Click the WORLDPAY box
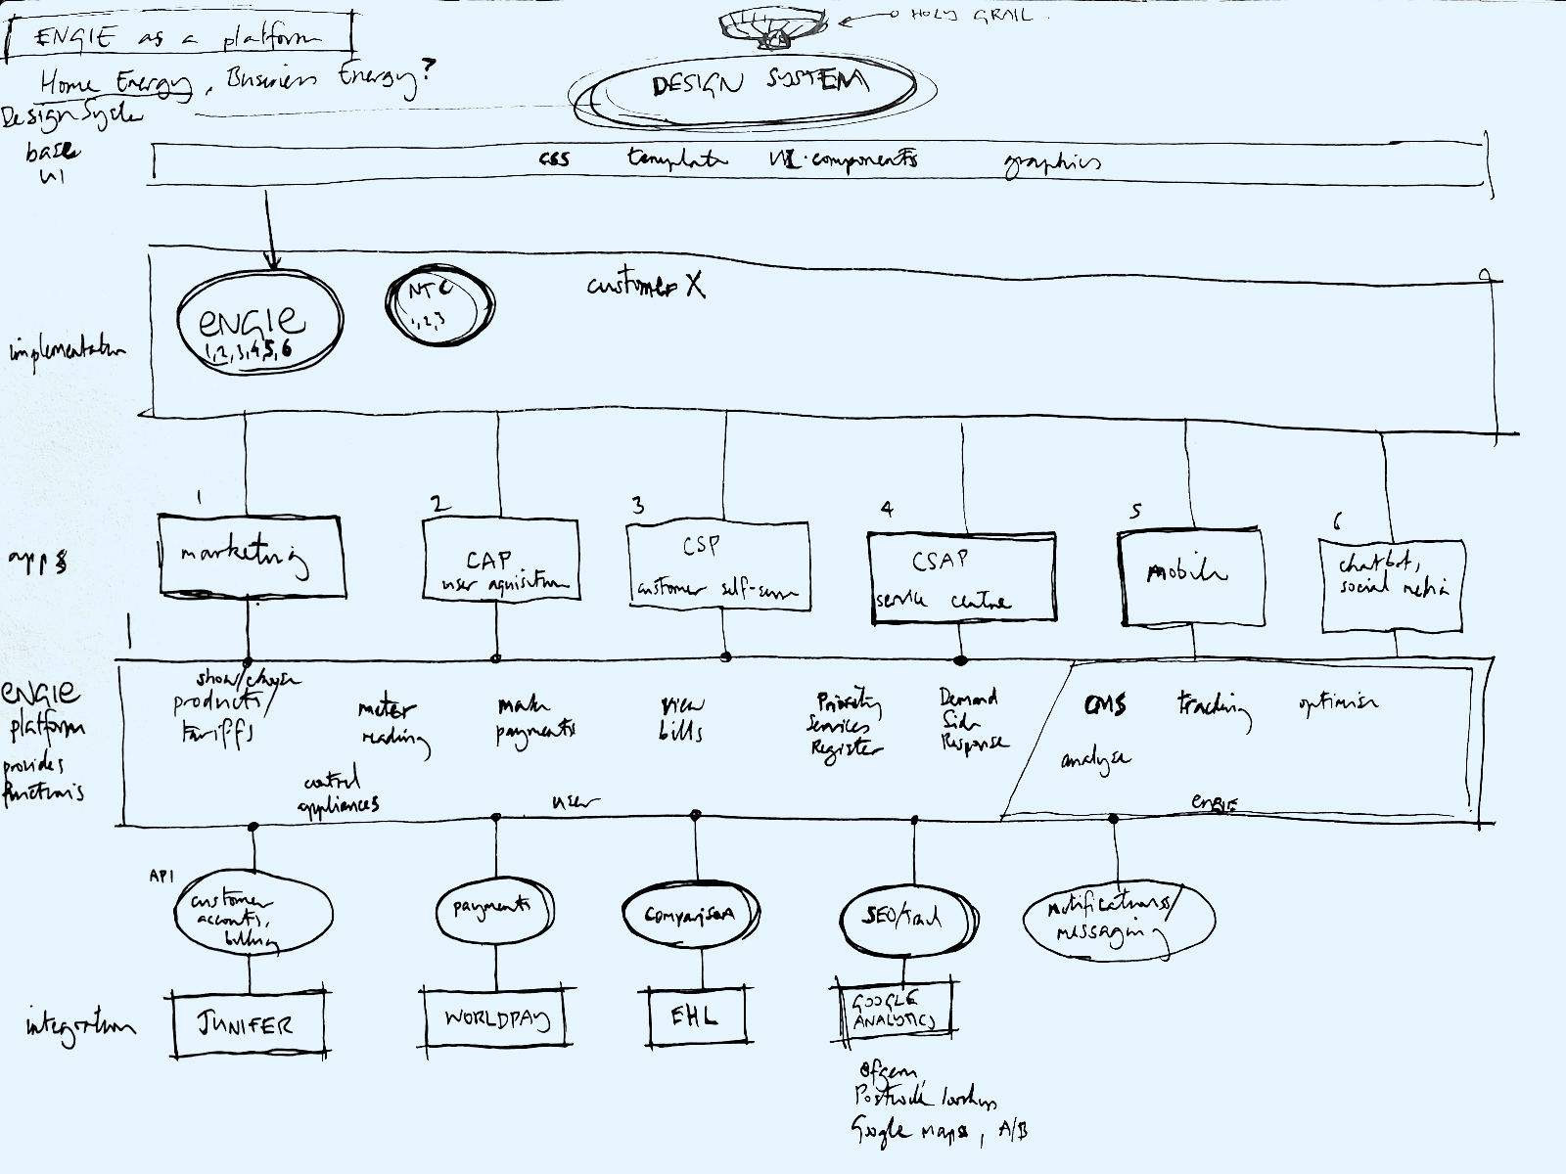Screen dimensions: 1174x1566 point(497,1018)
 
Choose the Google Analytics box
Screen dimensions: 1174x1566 point(894,1009)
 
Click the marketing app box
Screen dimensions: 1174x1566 point(252,558)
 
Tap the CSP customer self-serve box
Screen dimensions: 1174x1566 point(717,566)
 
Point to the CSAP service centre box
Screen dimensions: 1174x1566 point(962,577)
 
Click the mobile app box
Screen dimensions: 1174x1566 point(1189,576)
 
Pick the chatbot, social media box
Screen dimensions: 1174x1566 point(1392,584)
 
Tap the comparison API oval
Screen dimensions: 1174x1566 point(690,915)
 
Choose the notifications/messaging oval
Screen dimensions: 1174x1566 point(1117,921)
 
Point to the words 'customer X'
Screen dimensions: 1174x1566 point(646,285)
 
